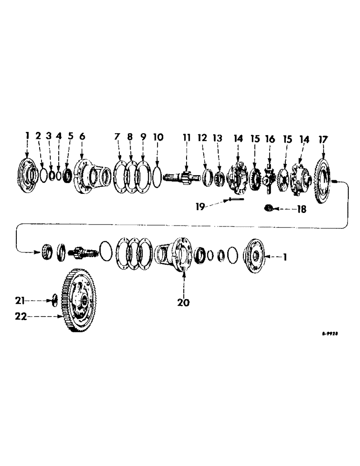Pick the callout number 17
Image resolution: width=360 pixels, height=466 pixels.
(324, 139)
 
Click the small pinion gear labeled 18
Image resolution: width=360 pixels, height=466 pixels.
(269, 207)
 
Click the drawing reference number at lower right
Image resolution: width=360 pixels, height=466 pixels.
(329, 334)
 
